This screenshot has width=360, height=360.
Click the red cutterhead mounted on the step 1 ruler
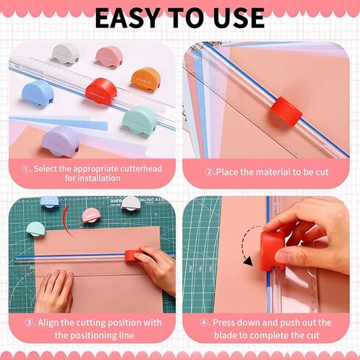(101, 91)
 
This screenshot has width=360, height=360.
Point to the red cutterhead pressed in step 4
(274, 250)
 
